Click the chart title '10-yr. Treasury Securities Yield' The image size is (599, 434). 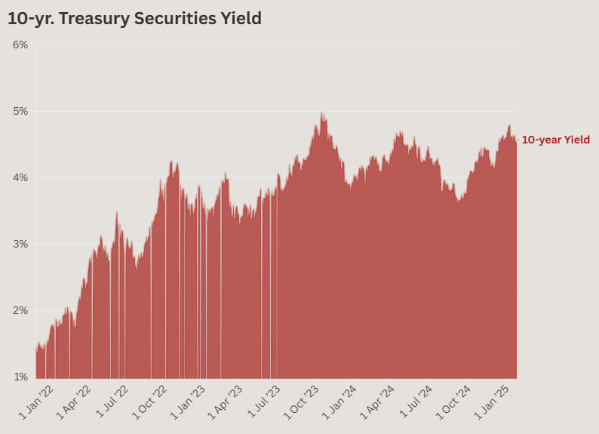pyautogui.click(x=134, y=19)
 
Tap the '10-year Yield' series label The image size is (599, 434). pyautogui.click(x=555, y=140)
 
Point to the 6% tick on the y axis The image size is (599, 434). pyautogui.click(x=20, y=45)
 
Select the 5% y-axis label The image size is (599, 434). pyautogui.click(x=20, y=111)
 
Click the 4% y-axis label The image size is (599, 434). pyautogui.click(x=20, y=177)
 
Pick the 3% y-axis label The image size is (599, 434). pyautogui.click(x=20, y=244)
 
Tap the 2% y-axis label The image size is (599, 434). pyautogui.click(x=20, y=310)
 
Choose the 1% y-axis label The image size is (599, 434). pyautogui.click(x=20, y=377)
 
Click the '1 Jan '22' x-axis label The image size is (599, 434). pyautogui.click(x=35, y=402)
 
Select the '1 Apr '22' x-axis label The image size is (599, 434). pyautogui.click(x=73, y=402)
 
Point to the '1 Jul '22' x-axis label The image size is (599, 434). pyautogui.click(x=112, y=402)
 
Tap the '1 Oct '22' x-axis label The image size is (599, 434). pyautogui.click(x=150, y=402)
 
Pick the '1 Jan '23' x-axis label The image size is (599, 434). pyautogui.click(x=189, y=402)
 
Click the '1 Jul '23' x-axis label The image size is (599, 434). pyautogui.click(x=265, y=402)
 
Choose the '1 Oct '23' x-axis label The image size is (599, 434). pyautogui.click(x=303, y=402)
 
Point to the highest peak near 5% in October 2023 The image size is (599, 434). pyautogui.click(x=322, y=112)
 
